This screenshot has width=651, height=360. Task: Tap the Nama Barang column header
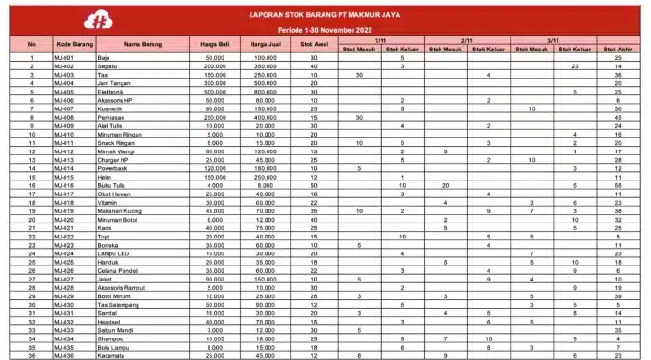[145, 44]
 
